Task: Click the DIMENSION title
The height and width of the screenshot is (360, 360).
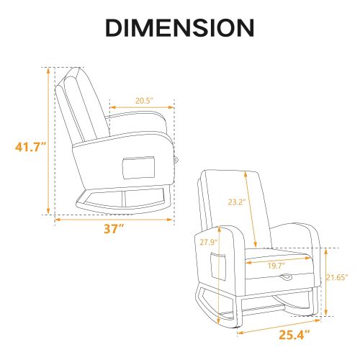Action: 180,27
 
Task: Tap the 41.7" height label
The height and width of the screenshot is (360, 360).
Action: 30,147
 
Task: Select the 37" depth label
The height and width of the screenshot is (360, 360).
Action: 114,229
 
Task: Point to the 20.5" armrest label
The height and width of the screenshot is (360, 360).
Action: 144,101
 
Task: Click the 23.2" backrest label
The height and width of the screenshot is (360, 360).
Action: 237,202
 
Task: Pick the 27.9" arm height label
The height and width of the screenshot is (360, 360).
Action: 209,242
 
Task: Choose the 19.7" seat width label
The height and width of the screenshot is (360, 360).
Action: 276,266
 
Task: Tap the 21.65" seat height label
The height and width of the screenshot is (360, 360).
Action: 337,277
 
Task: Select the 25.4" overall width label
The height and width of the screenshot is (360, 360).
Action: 294,335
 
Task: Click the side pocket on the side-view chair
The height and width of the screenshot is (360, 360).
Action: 138,168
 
